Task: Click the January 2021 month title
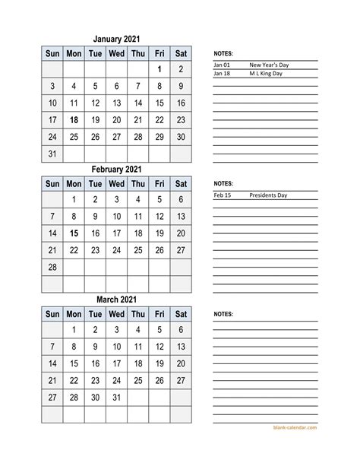point(116,38)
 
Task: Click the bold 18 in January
point(74,120)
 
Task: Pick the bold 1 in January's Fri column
point(159,70)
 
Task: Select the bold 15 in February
point(74,233)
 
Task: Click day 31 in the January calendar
point(52,153)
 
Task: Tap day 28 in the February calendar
point(52,267)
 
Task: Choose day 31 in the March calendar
point(116,398)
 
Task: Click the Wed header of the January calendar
point(116,53)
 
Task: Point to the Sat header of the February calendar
point(181,184)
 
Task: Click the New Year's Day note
point(264,65)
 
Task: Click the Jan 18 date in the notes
point(222,73)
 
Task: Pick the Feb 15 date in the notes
point(222,195)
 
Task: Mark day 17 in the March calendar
point(116,363)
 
